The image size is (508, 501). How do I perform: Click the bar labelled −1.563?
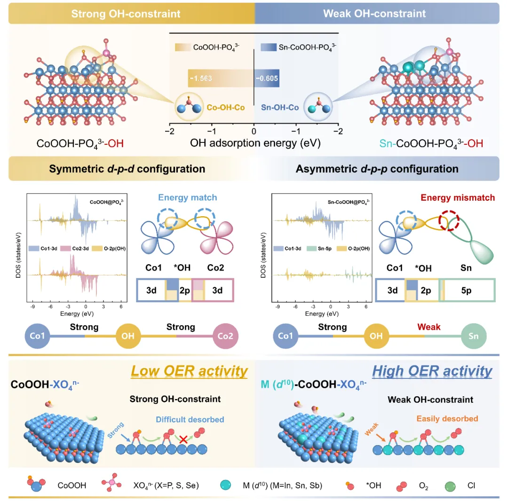coord(221,79)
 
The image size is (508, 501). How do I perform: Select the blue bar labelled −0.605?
coord(267,79)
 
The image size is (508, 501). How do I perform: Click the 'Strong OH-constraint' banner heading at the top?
coord(126,13)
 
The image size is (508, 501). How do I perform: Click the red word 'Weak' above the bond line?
coord(429,327)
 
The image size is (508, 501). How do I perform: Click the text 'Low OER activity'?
coord(189,371)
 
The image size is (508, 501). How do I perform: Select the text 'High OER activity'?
coord(432,371)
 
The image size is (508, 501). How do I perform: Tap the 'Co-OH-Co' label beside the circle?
coord(225,107)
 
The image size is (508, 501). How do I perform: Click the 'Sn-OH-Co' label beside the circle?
coord(280,107)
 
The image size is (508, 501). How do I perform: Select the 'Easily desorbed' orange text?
coord(447,418)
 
